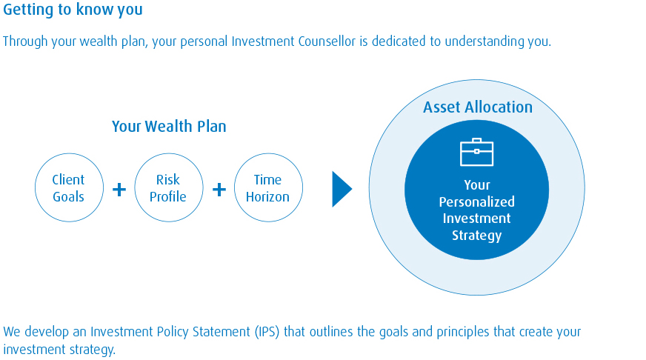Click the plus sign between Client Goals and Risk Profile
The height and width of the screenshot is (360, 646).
119,190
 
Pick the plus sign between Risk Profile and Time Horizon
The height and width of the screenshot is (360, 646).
219,190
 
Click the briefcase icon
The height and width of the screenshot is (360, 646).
476,152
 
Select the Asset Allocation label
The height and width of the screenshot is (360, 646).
478,107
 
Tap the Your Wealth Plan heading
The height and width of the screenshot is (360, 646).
169,126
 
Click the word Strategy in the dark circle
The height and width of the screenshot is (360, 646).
476,236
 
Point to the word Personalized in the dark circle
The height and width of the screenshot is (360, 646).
476,201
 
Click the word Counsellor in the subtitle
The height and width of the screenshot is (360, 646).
327,41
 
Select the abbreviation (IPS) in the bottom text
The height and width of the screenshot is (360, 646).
267,332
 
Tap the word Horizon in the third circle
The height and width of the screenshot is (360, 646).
267,197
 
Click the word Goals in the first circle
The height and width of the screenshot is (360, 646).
68,197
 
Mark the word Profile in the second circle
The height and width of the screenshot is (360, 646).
168,197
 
